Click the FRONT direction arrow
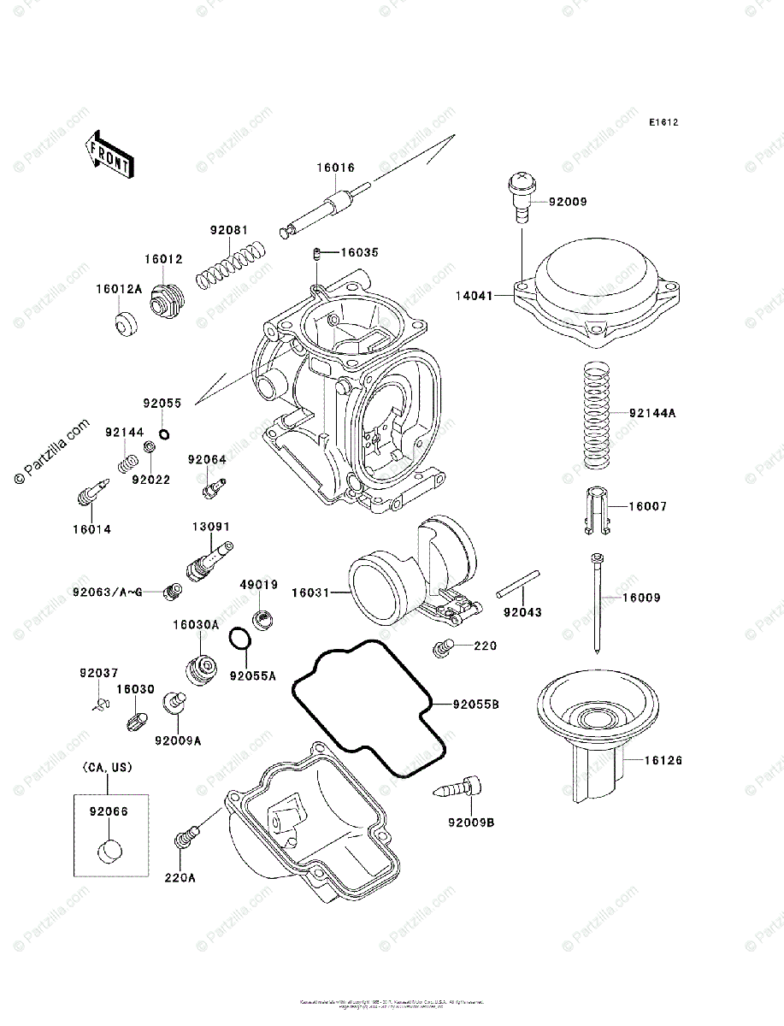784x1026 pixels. [108, 153]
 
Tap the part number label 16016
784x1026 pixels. [336, 168]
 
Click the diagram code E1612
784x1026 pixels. [663, 123]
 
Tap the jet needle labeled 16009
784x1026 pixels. [596, 598]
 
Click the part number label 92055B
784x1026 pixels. [475, 705]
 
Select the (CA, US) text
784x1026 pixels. [108, 769]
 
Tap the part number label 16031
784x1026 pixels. [310, 592]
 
